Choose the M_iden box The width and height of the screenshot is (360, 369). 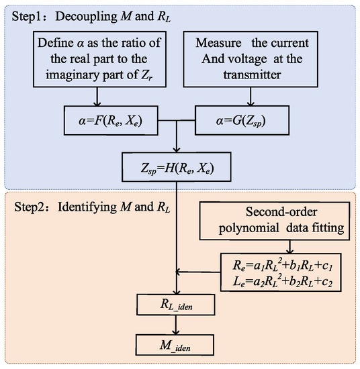tap(176, 347)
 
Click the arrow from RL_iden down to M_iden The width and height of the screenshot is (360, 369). tap(176, 327)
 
